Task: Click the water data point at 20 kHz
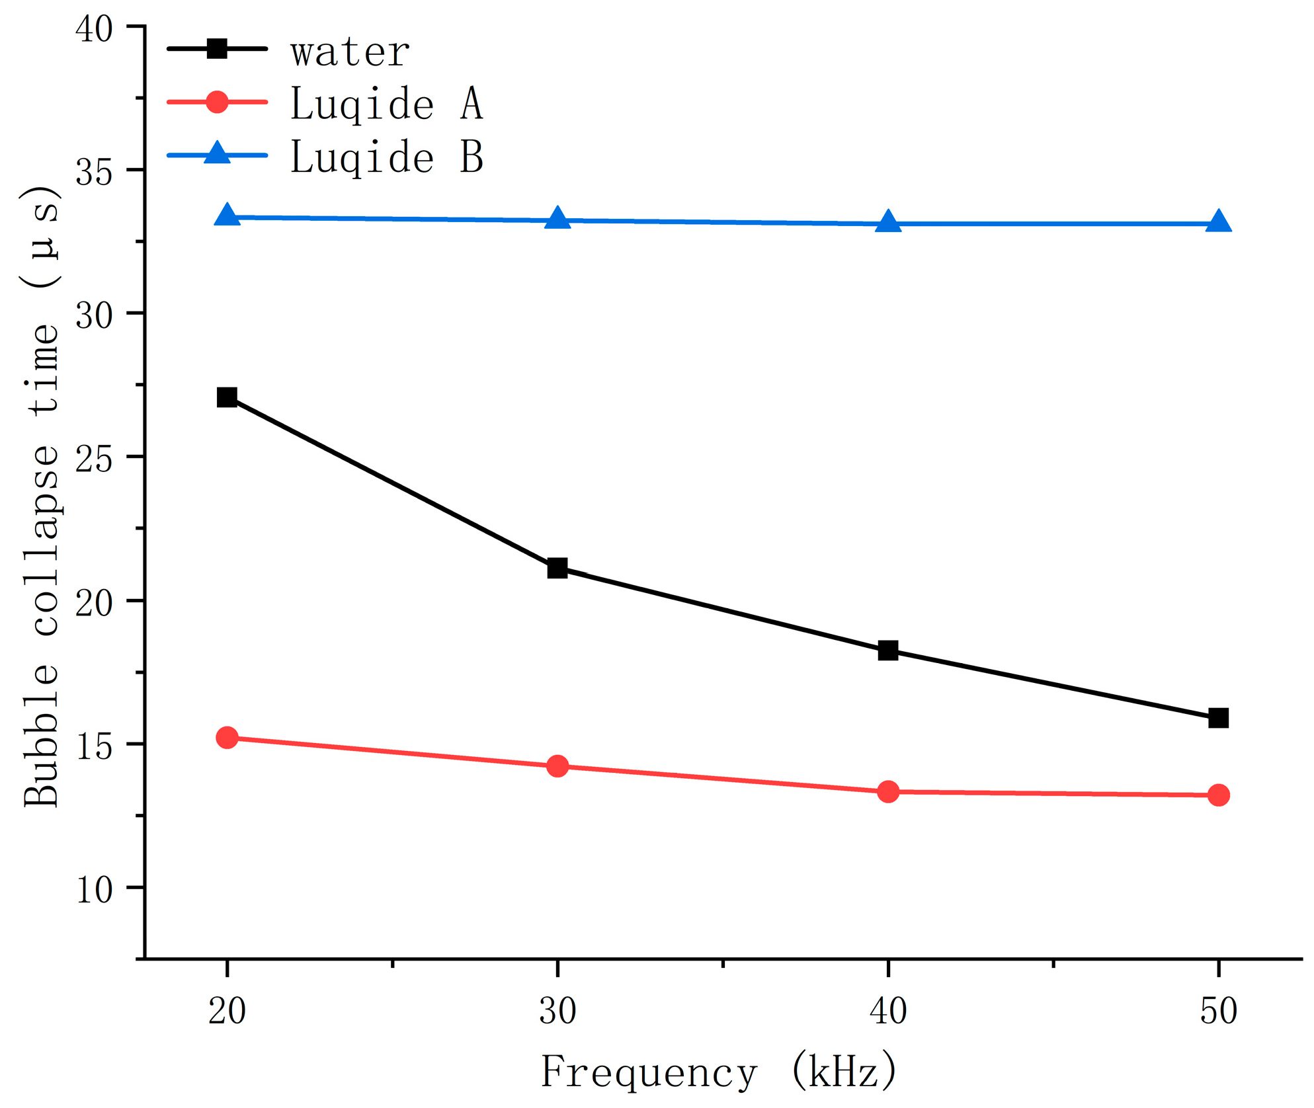(x=227, y=397)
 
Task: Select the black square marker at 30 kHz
(x=557, y=568)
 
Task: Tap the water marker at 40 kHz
(x=888, y=651)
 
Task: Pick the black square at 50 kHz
(x=1218, y=718)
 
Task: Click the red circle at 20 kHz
(x=227, y=737)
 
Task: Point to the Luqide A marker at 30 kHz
(x=557, y=766)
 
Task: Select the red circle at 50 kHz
(x=1218, y=795)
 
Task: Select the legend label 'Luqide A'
(x=387, y=104)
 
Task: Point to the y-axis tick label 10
(x=94, y=890)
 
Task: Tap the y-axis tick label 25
(x=94, y=459)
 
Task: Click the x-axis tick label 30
(x=557, y=1011)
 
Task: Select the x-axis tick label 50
(x=1218, y=1011)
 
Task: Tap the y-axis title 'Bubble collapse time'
(x=41, y=496)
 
